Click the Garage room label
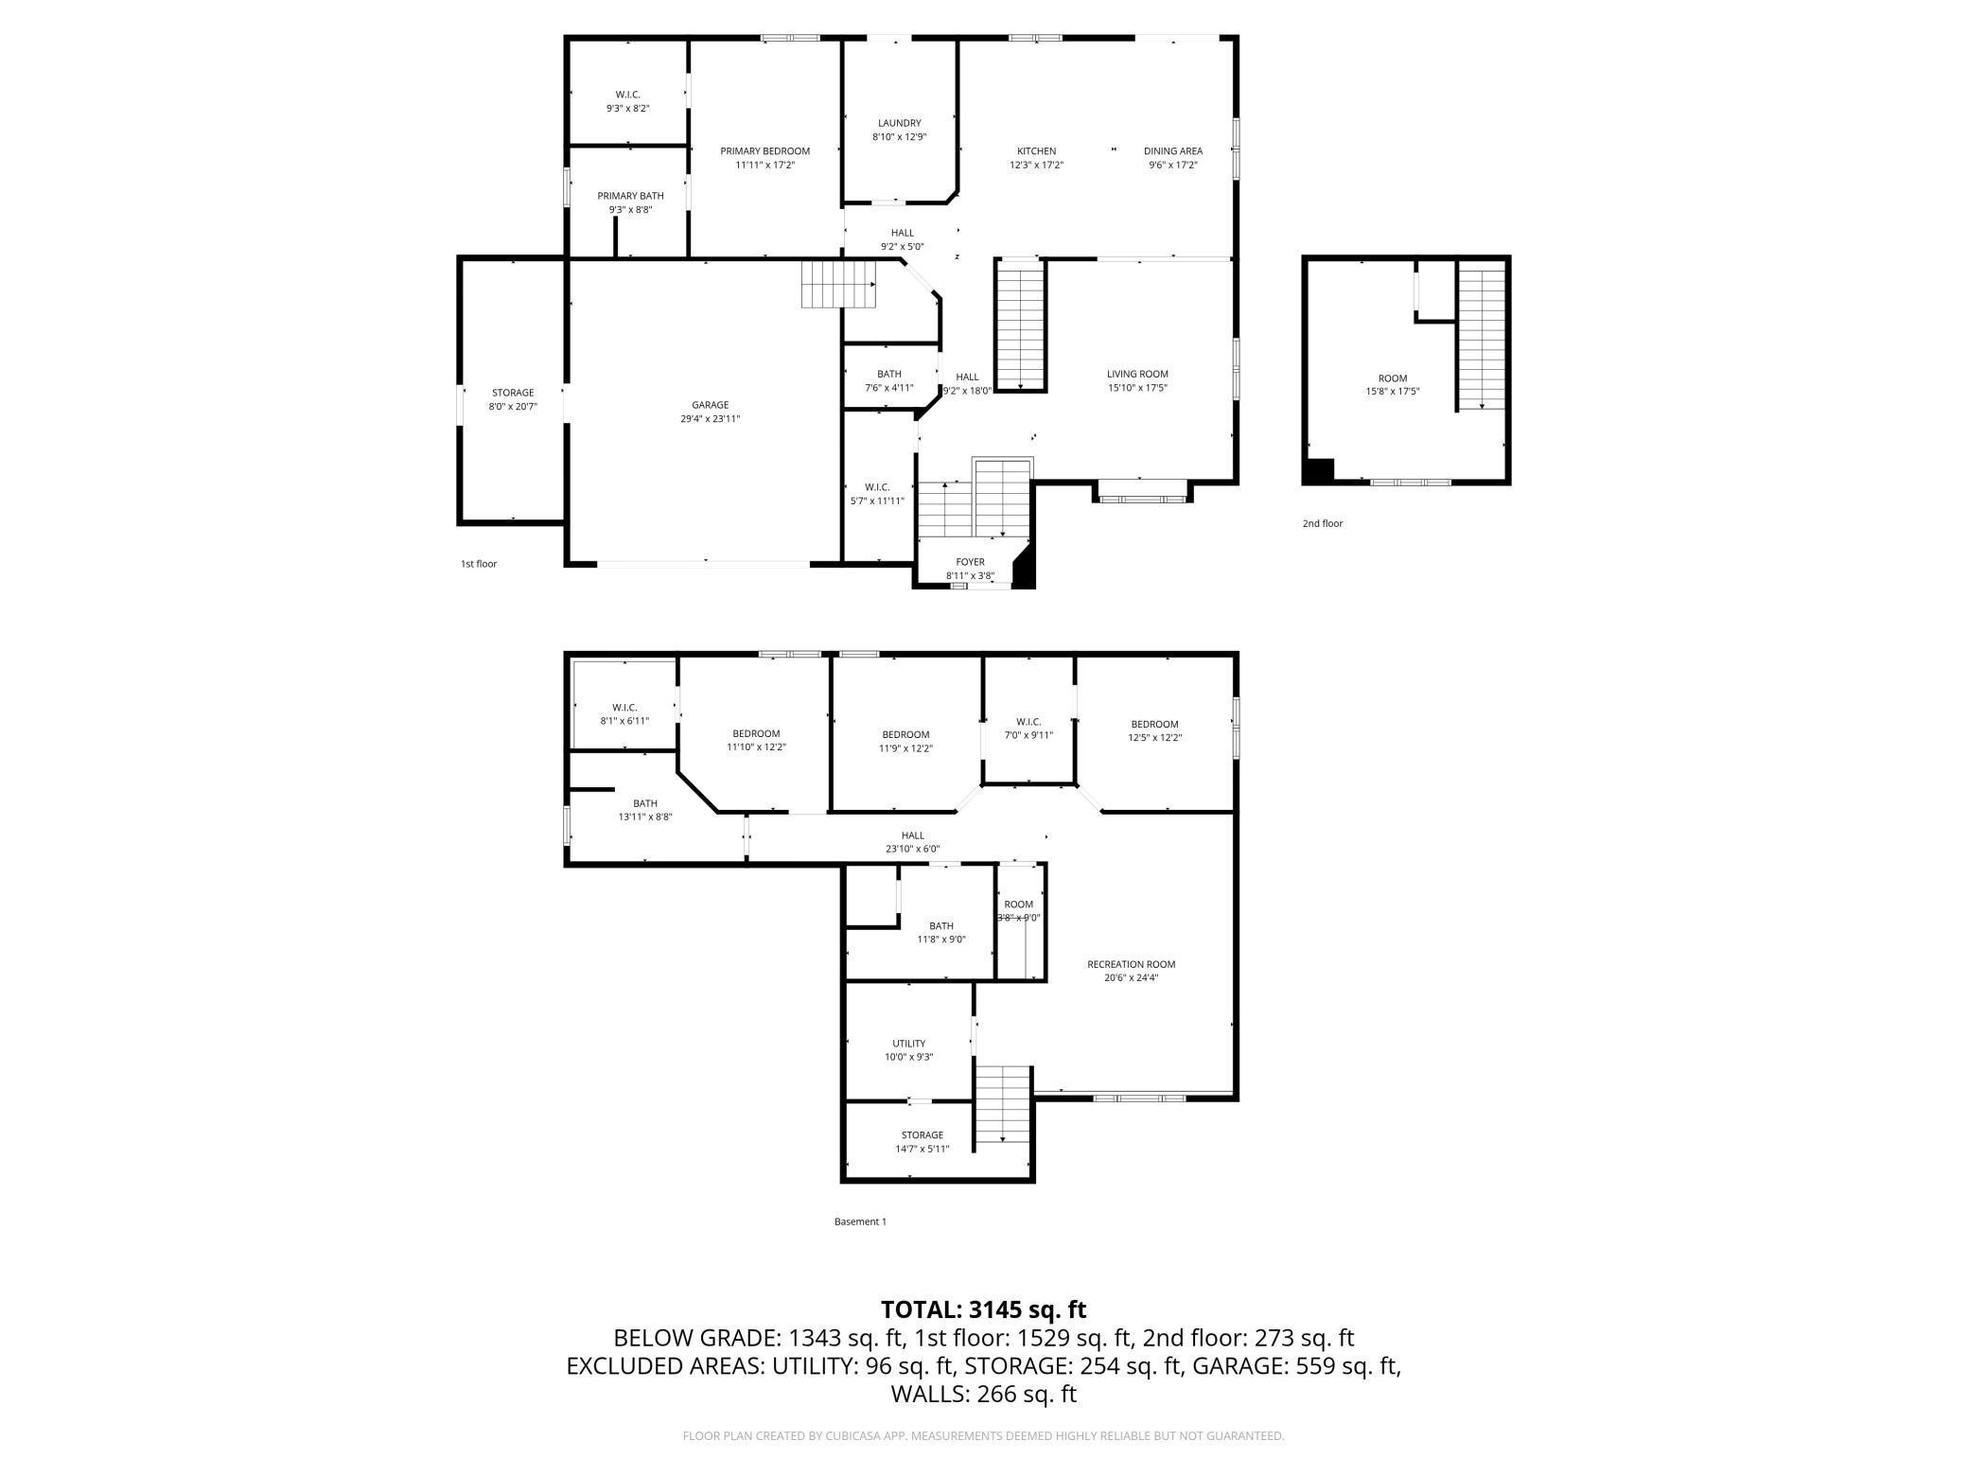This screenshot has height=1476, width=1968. tap(710, 405)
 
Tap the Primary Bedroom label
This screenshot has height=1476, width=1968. tap(764, 151)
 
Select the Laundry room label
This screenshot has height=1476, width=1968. tap(899, 123)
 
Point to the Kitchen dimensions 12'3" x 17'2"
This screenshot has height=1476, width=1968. tap(1036, 165)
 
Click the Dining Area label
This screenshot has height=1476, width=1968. tap(1173, 151)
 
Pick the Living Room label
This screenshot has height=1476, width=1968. tap(1137, 374)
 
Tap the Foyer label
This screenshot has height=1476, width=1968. tap(970, 562)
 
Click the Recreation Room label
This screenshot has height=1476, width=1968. tap(1131, 964)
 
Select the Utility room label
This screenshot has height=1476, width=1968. tap(908, 1044)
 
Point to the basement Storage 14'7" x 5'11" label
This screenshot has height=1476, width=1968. tap(922, 1142)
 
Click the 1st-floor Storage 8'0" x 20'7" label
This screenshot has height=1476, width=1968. tap(513, 399)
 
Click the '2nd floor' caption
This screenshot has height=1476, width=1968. tap(1323, 523)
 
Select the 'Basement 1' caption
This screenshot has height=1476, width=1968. tap(860, 1221)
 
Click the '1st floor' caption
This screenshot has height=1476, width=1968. tap(479, 564)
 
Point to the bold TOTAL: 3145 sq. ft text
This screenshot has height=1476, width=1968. tap(984, 1309)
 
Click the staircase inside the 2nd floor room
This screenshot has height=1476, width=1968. tap(1481, 336)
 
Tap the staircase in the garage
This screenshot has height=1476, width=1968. tap(840, 284)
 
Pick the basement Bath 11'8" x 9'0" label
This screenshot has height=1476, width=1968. tap(941, 932)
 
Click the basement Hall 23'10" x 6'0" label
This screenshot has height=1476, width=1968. tap(912, 842)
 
